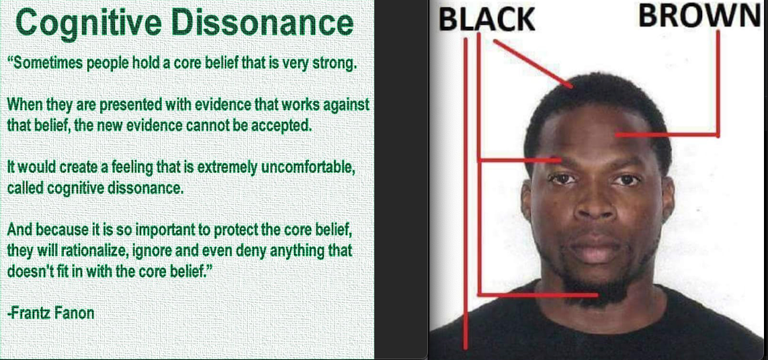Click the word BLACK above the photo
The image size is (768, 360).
coord(486,19)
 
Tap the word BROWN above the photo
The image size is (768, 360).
coord(700,15)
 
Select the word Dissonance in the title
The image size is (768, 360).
coord(262,23)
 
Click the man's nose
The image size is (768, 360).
coord(595,201)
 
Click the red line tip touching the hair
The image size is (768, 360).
coord(571,87)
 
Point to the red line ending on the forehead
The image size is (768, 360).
coord(617,134)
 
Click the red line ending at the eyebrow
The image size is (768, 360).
coord(559,160)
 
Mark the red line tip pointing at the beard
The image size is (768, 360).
coord(597,295)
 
